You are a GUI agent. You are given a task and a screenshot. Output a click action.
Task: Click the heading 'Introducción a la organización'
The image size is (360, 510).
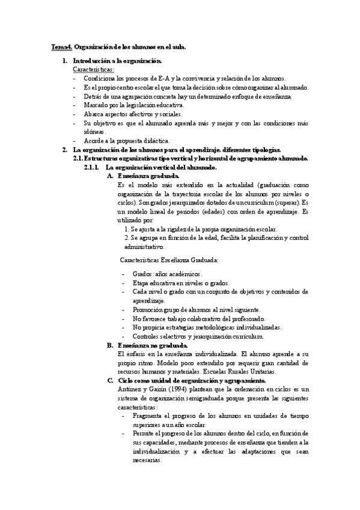(x=117, y=61)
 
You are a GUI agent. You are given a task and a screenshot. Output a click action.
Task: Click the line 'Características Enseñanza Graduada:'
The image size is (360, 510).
(x=169, y=260)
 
